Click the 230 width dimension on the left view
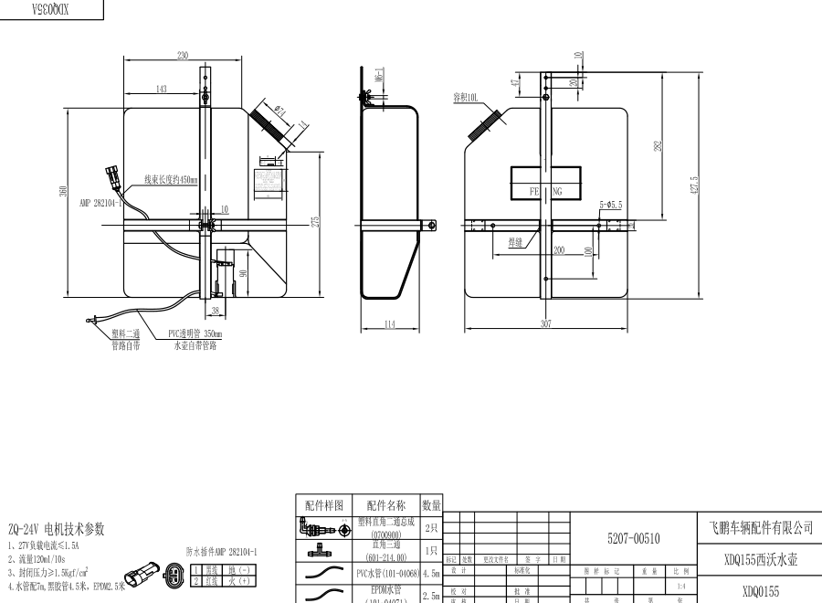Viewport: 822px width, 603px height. [183, 57]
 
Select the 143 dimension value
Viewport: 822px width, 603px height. [162, 89]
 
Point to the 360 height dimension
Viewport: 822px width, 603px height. [63, 191]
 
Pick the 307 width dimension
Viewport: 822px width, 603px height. [546, 323]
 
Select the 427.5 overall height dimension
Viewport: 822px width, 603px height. [695, 185]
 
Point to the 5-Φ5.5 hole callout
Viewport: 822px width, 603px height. [610, 205]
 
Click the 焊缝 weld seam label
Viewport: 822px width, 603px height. [517, 242]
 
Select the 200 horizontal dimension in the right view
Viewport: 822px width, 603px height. [558, 249]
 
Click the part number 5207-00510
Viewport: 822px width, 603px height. [633, 538]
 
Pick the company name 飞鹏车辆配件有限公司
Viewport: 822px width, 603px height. [760, 527]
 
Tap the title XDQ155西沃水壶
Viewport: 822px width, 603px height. [760, 558]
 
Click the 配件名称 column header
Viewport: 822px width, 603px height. [386, 504]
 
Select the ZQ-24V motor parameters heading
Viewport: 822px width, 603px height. [57, 529]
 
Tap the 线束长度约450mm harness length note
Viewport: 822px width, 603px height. [171, 180]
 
